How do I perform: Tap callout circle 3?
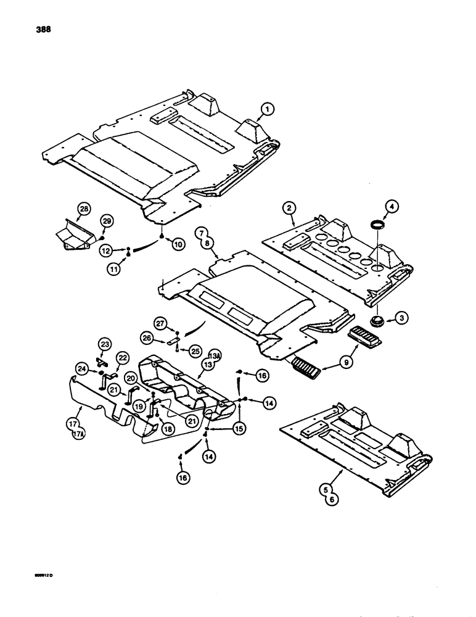tap(401, 318)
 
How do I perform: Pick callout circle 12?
tap(110, 250)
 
